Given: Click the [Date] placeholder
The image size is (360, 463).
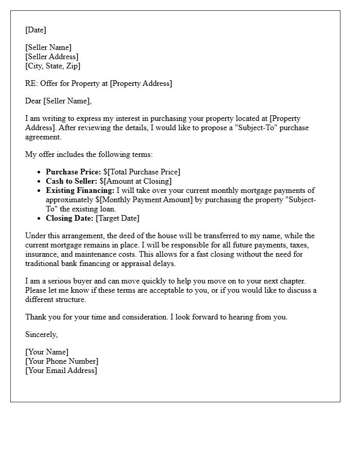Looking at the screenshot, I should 35,30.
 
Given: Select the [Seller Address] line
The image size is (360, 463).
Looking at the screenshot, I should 51,57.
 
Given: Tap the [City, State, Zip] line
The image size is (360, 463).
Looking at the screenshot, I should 52,66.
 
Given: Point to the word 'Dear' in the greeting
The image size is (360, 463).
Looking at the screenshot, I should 33,101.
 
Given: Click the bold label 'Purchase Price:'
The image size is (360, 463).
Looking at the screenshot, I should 73,172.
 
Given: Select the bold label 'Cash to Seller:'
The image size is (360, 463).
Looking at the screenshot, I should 71,181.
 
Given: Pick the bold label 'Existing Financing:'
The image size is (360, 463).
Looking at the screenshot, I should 79,190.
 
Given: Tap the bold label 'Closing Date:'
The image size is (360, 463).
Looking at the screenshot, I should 69,218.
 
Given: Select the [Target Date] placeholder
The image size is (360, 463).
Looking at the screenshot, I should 117,218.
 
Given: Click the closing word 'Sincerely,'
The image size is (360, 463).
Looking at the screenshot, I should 41,334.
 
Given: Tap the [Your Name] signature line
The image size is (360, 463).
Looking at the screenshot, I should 46,352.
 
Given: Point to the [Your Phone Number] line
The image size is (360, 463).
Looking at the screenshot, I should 61,361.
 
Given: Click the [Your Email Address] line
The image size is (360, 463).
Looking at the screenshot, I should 61,370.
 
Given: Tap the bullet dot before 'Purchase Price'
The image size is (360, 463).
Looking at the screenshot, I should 40,172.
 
